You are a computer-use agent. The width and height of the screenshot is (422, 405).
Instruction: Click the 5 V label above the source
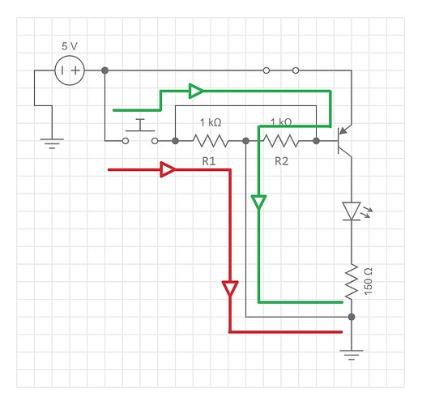coord(70,46)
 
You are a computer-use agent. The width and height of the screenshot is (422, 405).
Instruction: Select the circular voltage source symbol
coord(70,71)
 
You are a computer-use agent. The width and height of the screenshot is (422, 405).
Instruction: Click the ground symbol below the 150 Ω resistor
coord(351,353)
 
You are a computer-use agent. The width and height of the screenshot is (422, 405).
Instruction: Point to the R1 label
coord(208,161)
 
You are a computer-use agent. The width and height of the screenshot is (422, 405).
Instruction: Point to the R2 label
coord(281,161)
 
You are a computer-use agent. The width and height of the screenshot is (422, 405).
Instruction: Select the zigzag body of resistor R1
coord(209,141)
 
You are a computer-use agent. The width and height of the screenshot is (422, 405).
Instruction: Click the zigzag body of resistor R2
coord(281,141)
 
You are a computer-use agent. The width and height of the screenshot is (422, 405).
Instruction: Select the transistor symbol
coord(346,139)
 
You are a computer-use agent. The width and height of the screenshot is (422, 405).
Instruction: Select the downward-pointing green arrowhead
coord(258,202)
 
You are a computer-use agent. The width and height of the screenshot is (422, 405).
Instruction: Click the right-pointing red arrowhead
coord(168,169)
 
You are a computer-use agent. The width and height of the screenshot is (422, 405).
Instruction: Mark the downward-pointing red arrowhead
coord(230,288)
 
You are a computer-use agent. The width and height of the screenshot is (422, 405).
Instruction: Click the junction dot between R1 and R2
coord(245,141)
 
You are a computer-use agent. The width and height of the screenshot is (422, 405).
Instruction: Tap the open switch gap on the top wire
coord(281,71)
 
